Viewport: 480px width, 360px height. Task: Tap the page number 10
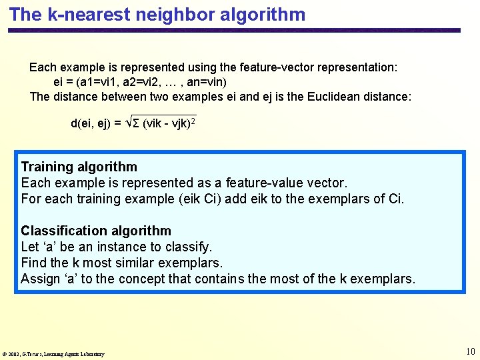coord(471,351)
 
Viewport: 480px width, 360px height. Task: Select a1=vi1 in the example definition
coord(100,82)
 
